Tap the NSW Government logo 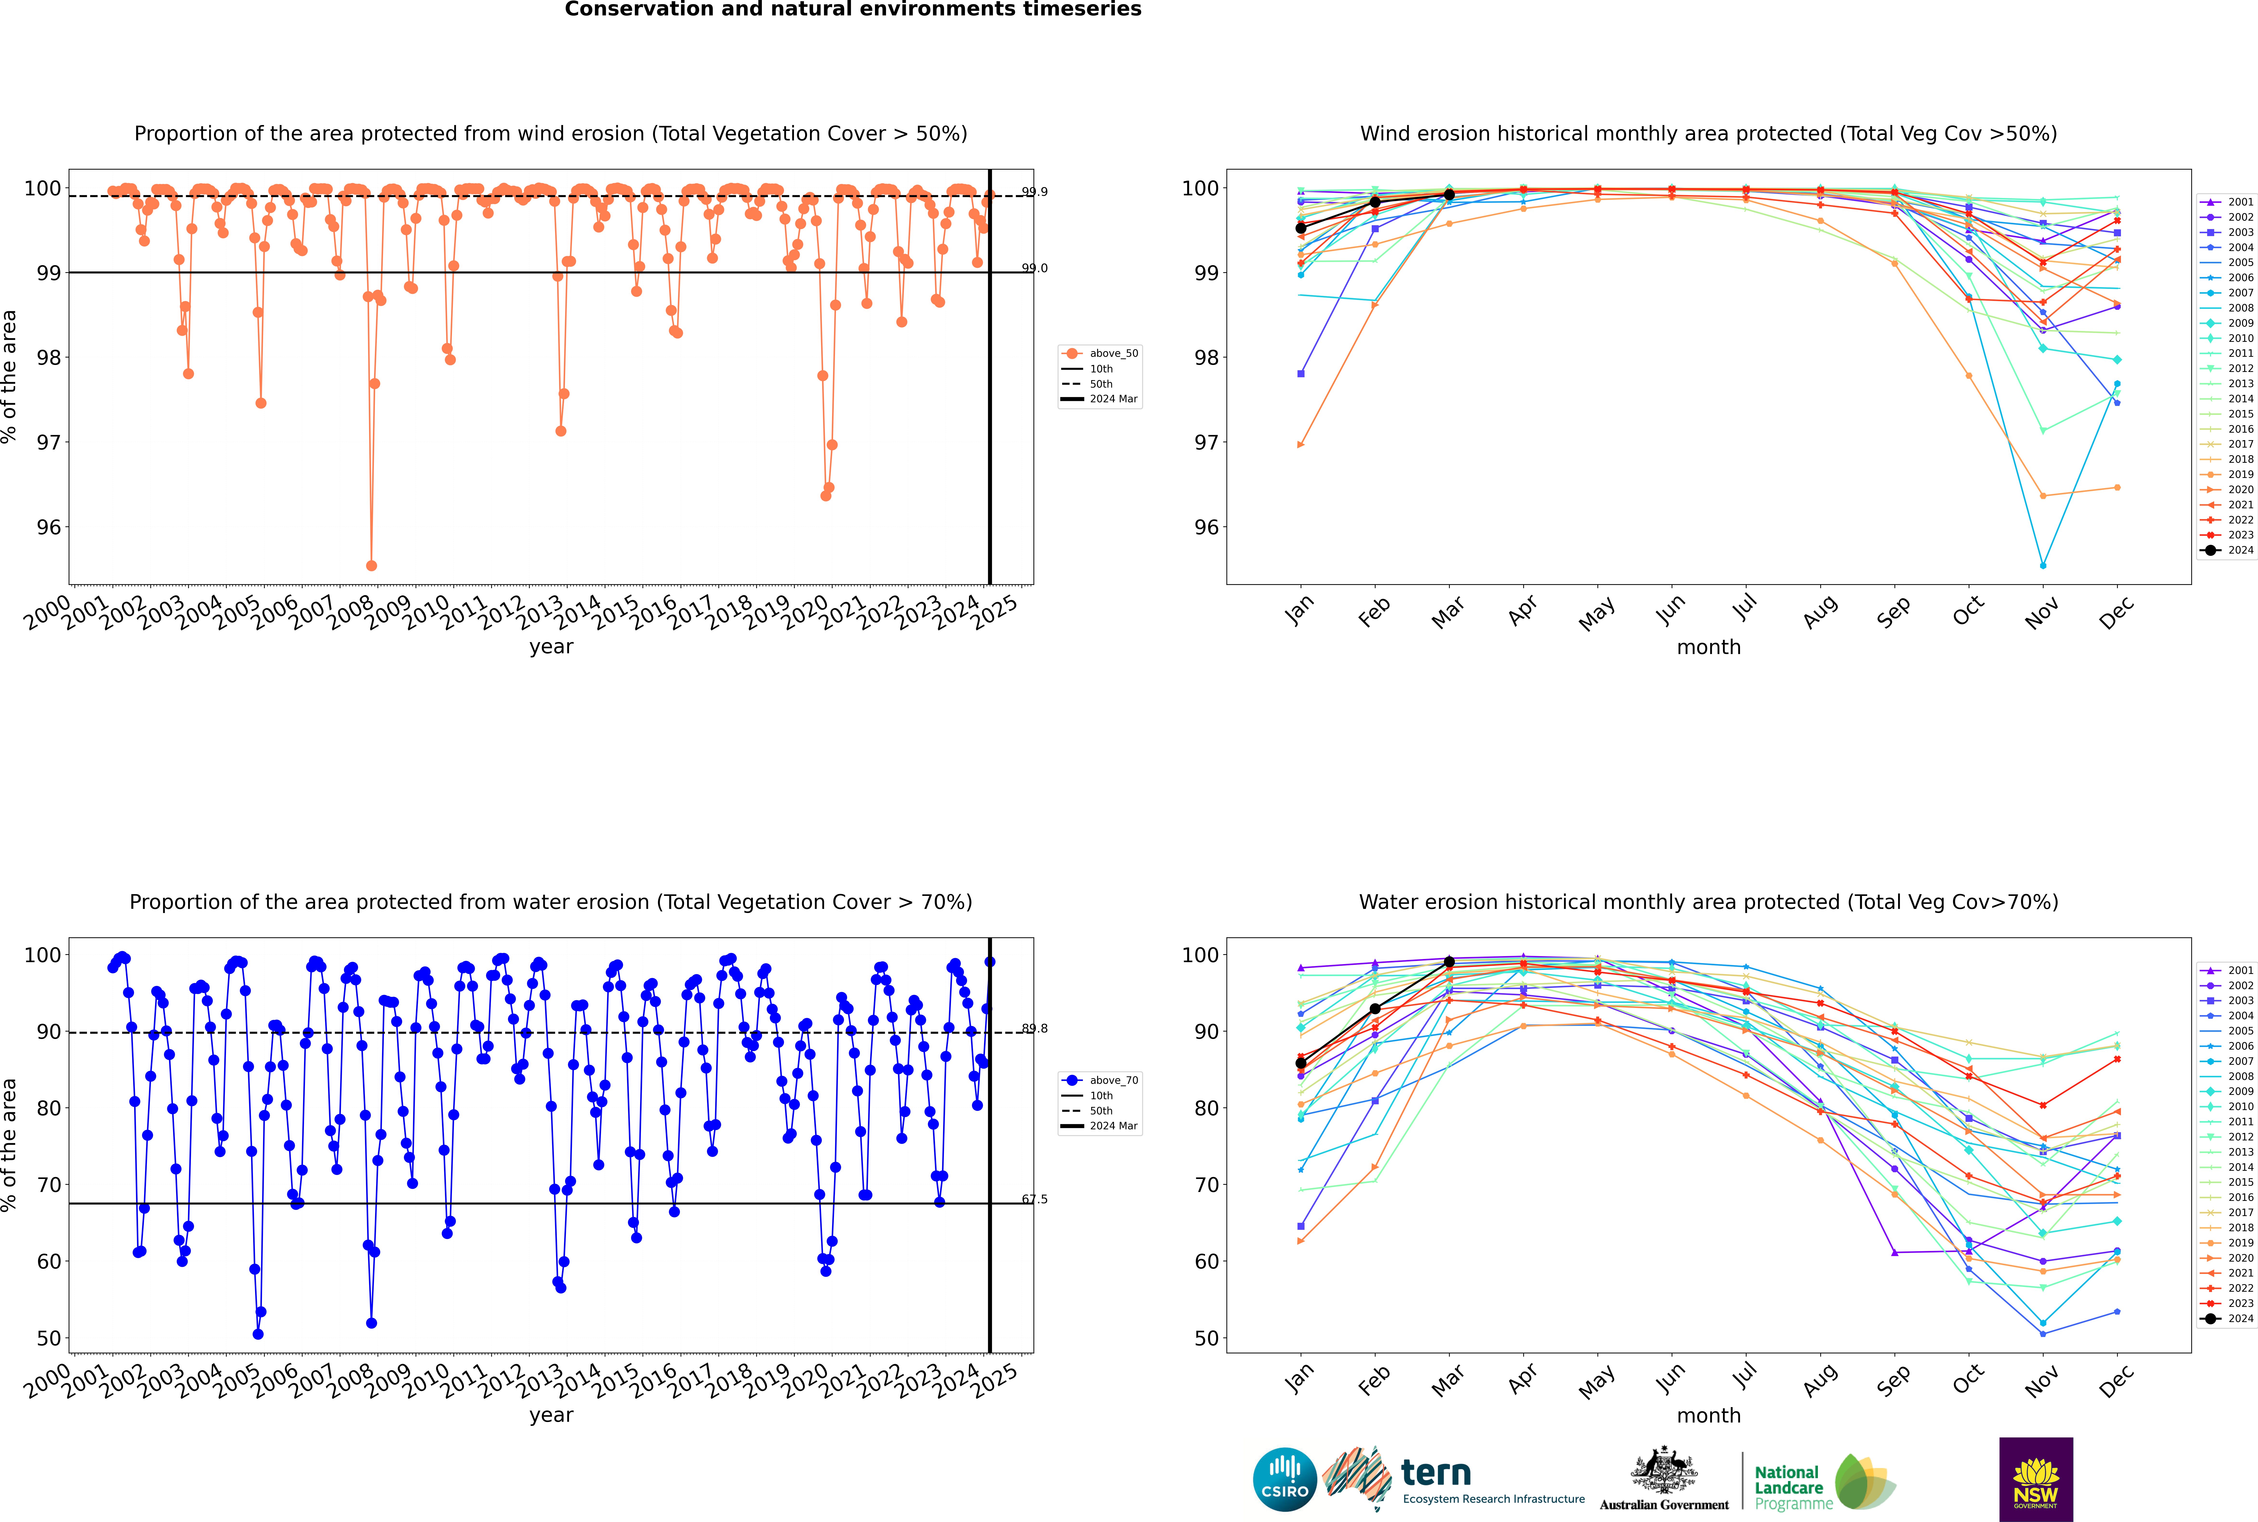pyautogui.click(x=2036, y=1478)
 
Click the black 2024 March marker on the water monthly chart pyautogui.click(x=1449, y=962)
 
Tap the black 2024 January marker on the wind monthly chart pyautogui.click(x=1301, y=228)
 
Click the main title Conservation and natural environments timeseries pyautogui.click(x=852, y=10)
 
